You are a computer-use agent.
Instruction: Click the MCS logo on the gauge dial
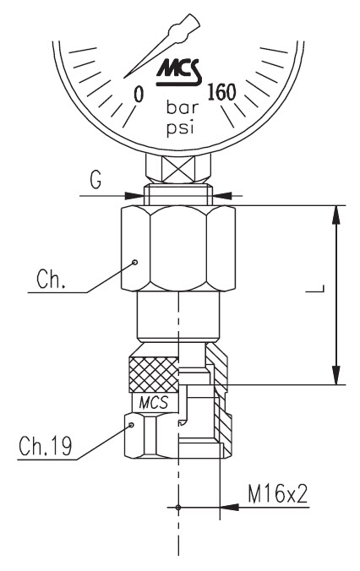[179, 72]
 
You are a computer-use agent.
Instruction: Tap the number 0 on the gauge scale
[139, 95]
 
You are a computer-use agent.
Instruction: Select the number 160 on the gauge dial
[221, 92]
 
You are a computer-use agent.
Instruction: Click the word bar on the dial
[183, 107]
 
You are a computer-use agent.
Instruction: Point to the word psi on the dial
[180, 128]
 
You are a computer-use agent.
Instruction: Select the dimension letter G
[95, 180]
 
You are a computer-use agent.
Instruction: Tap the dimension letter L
[315, 288]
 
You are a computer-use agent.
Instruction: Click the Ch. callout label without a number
[51, 280]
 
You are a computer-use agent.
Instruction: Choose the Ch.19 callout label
[46, 445]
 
